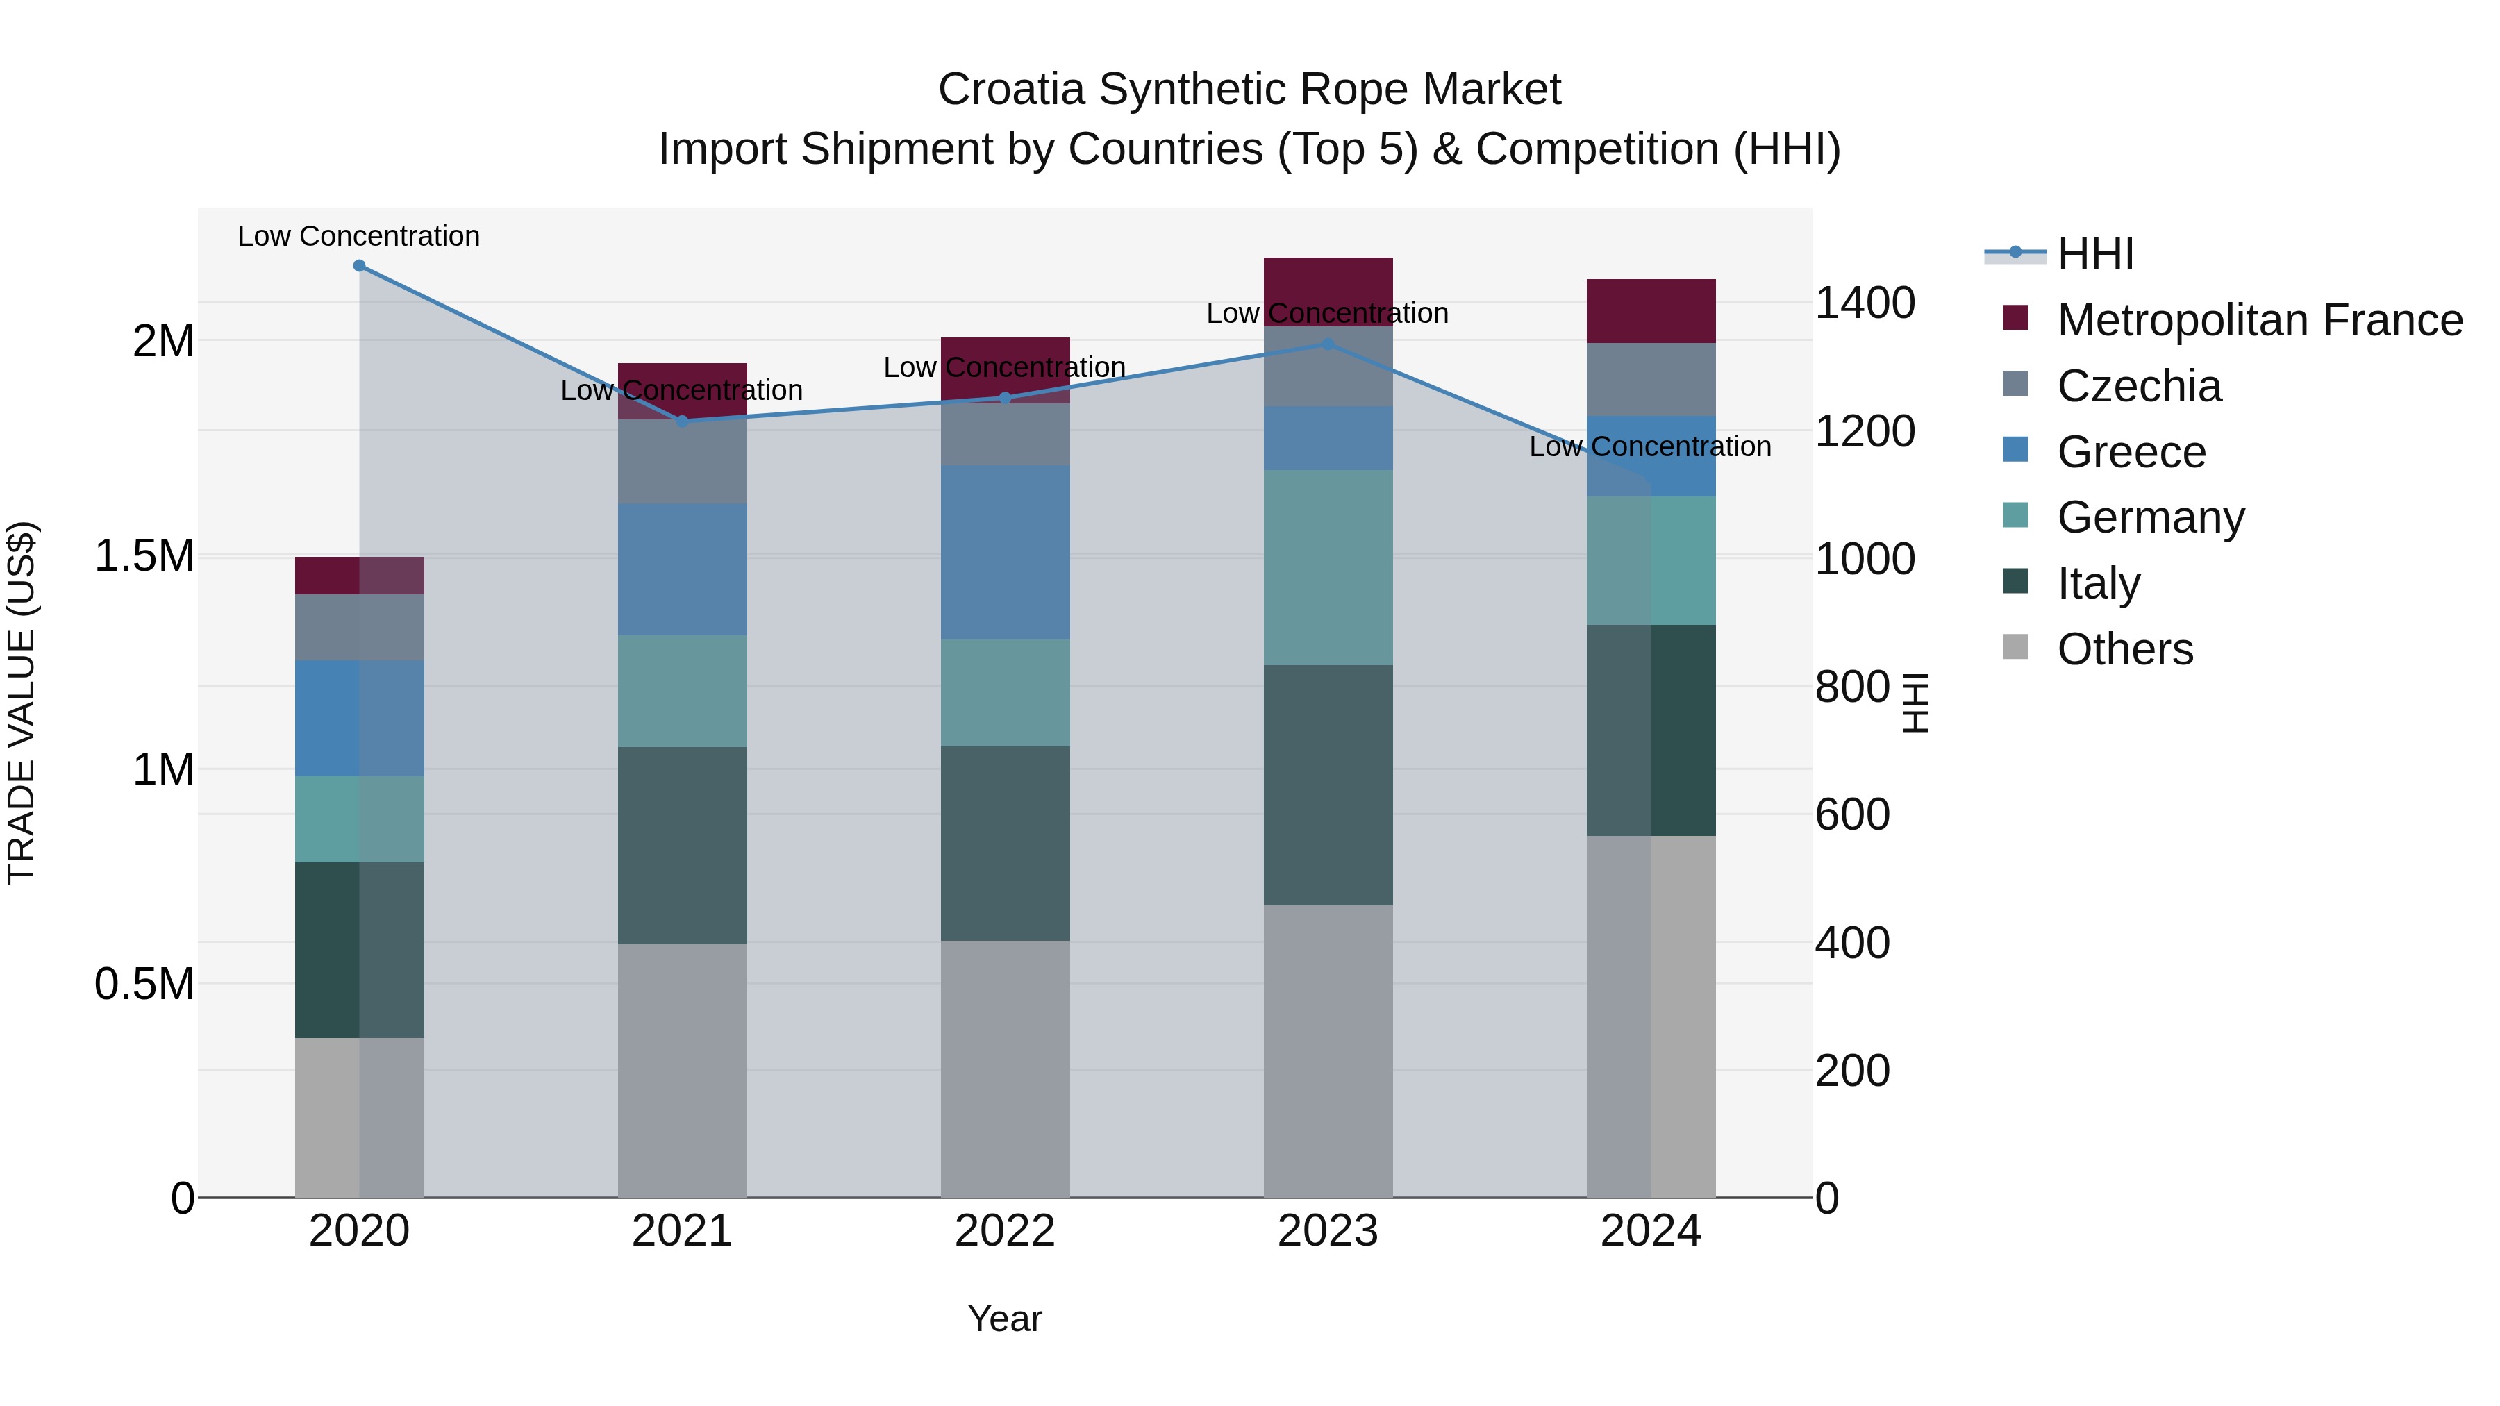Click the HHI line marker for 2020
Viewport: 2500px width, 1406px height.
tap(359, 266)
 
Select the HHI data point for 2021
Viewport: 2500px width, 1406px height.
tap(682, 421)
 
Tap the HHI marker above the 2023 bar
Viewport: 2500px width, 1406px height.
tap(1328, 344)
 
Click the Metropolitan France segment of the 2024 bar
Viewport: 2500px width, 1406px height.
tap(1651, 310)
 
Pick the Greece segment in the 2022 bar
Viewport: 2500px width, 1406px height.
tap(1006, 552)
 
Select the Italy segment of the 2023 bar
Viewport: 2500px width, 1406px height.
tap(1328, 785)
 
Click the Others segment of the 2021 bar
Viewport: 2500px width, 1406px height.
tap(682, 1070)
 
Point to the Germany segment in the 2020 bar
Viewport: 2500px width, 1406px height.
tap(359, 819)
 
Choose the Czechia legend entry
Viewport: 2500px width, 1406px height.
tap(2138, 386)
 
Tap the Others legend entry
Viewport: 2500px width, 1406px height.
tap(2124, 649)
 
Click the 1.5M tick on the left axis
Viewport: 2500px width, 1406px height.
tap(144, 556)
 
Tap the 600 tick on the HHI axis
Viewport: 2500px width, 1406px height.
tap(1851, 814)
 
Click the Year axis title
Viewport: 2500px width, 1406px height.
tap(1004, 1319)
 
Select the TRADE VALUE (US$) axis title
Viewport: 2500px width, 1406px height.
tap(22, 703)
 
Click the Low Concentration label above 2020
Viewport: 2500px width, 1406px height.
tap(359, 236)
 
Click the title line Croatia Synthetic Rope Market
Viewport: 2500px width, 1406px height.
tap(1249, 90)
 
